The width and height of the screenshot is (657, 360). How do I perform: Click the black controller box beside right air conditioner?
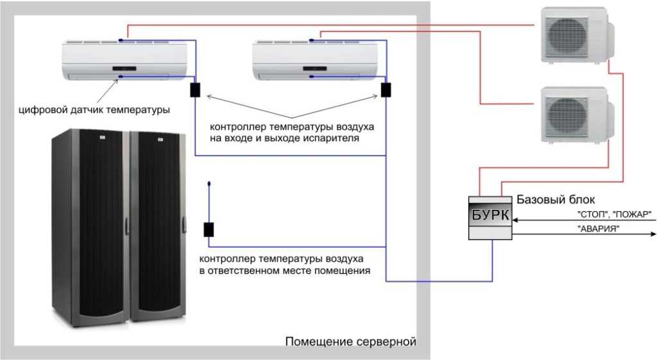[386, 89]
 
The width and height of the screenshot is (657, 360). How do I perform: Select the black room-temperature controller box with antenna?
[209, 230]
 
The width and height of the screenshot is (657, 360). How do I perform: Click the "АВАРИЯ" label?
[598, 228]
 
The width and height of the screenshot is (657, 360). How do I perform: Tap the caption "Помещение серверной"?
[350, 341]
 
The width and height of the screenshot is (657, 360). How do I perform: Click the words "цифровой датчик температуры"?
[94, 110]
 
